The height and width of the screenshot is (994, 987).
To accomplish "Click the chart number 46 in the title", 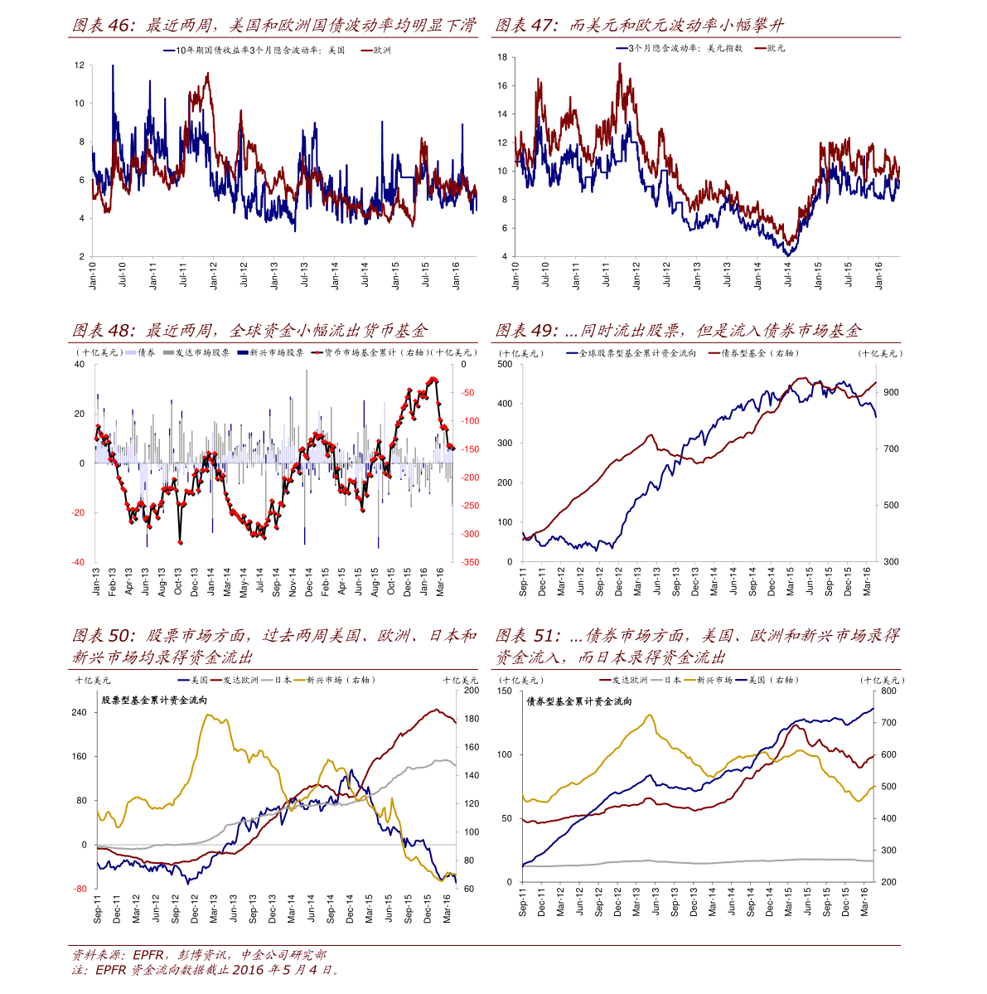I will point(119,26).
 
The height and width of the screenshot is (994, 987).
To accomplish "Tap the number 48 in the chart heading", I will point(119,331).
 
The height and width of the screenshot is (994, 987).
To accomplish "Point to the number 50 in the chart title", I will point(119,636).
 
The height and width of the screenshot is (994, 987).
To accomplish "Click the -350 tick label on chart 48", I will point(470,563).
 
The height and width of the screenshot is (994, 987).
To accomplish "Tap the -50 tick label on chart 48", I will point(467,392).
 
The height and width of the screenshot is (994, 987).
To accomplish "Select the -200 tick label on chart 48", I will point(470,478).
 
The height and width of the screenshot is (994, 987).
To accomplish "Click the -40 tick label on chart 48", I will point(77,562).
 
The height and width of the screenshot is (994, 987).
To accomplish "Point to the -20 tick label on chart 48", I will point(77,512).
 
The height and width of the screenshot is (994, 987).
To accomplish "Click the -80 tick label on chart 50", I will point(80,889).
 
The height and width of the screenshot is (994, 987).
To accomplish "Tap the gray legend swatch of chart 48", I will point(168,352).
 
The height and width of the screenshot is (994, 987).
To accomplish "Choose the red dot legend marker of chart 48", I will point(317,352).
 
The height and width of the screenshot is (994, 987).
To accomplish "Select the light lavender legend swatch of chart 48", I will point(131,352).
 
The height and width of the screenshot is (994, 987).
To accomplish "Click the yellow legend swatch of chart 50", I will point(299,681).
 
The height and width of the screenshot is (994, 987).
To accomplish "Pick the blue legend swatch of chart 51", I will point(741,681).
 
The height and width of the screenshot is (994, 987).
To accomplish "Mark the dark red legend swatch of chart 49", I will point(714,352).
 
